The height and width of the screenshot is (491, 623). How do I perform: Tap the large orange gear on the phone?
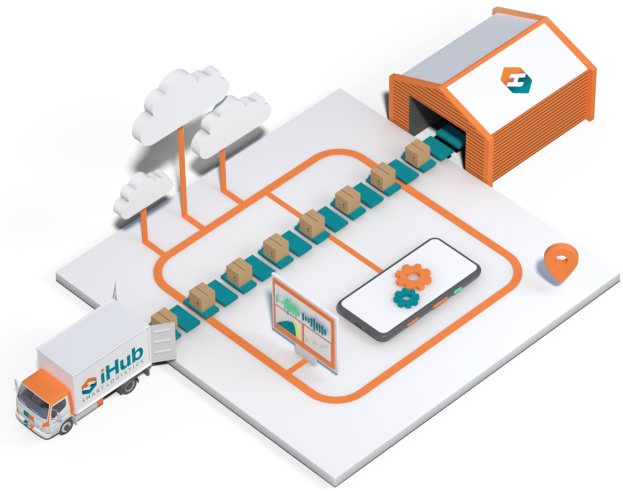413,276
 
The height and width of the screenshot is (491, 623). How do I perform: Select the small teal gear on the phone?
406,298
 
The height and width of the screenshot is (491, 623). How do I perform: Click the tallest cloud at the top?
182,101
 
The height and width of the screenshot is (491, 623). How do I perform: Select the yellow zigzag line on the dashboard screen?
317,343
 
